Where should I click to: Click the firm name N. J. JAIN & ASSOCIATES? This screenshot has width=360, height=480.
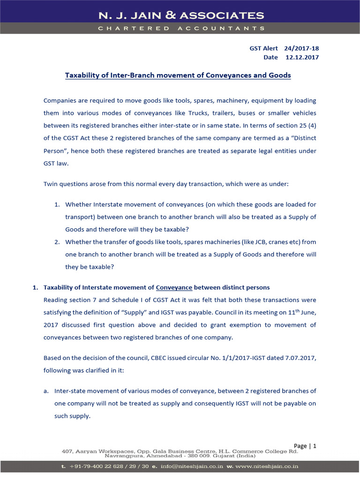pos(180,15)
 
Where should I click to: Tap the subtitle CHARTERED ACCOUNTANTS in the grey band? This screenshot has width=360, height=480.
pos(180,28)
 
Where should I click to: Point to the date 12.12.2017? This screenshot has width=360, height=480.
pos(302,58)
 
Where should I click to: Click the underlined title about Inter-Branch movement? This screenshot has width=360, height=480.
pos(178,75)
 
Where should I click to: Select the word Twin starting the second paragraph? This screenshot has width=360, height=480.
pos(51,184)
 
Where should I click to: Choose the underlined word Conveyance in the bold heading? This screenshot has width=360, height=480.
pos(174,287)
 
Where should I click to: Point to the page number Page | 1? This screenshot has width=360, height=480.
pos(305,446)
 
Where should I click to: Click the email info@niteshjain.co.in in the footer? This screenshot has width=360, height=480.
pos(190,466)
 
